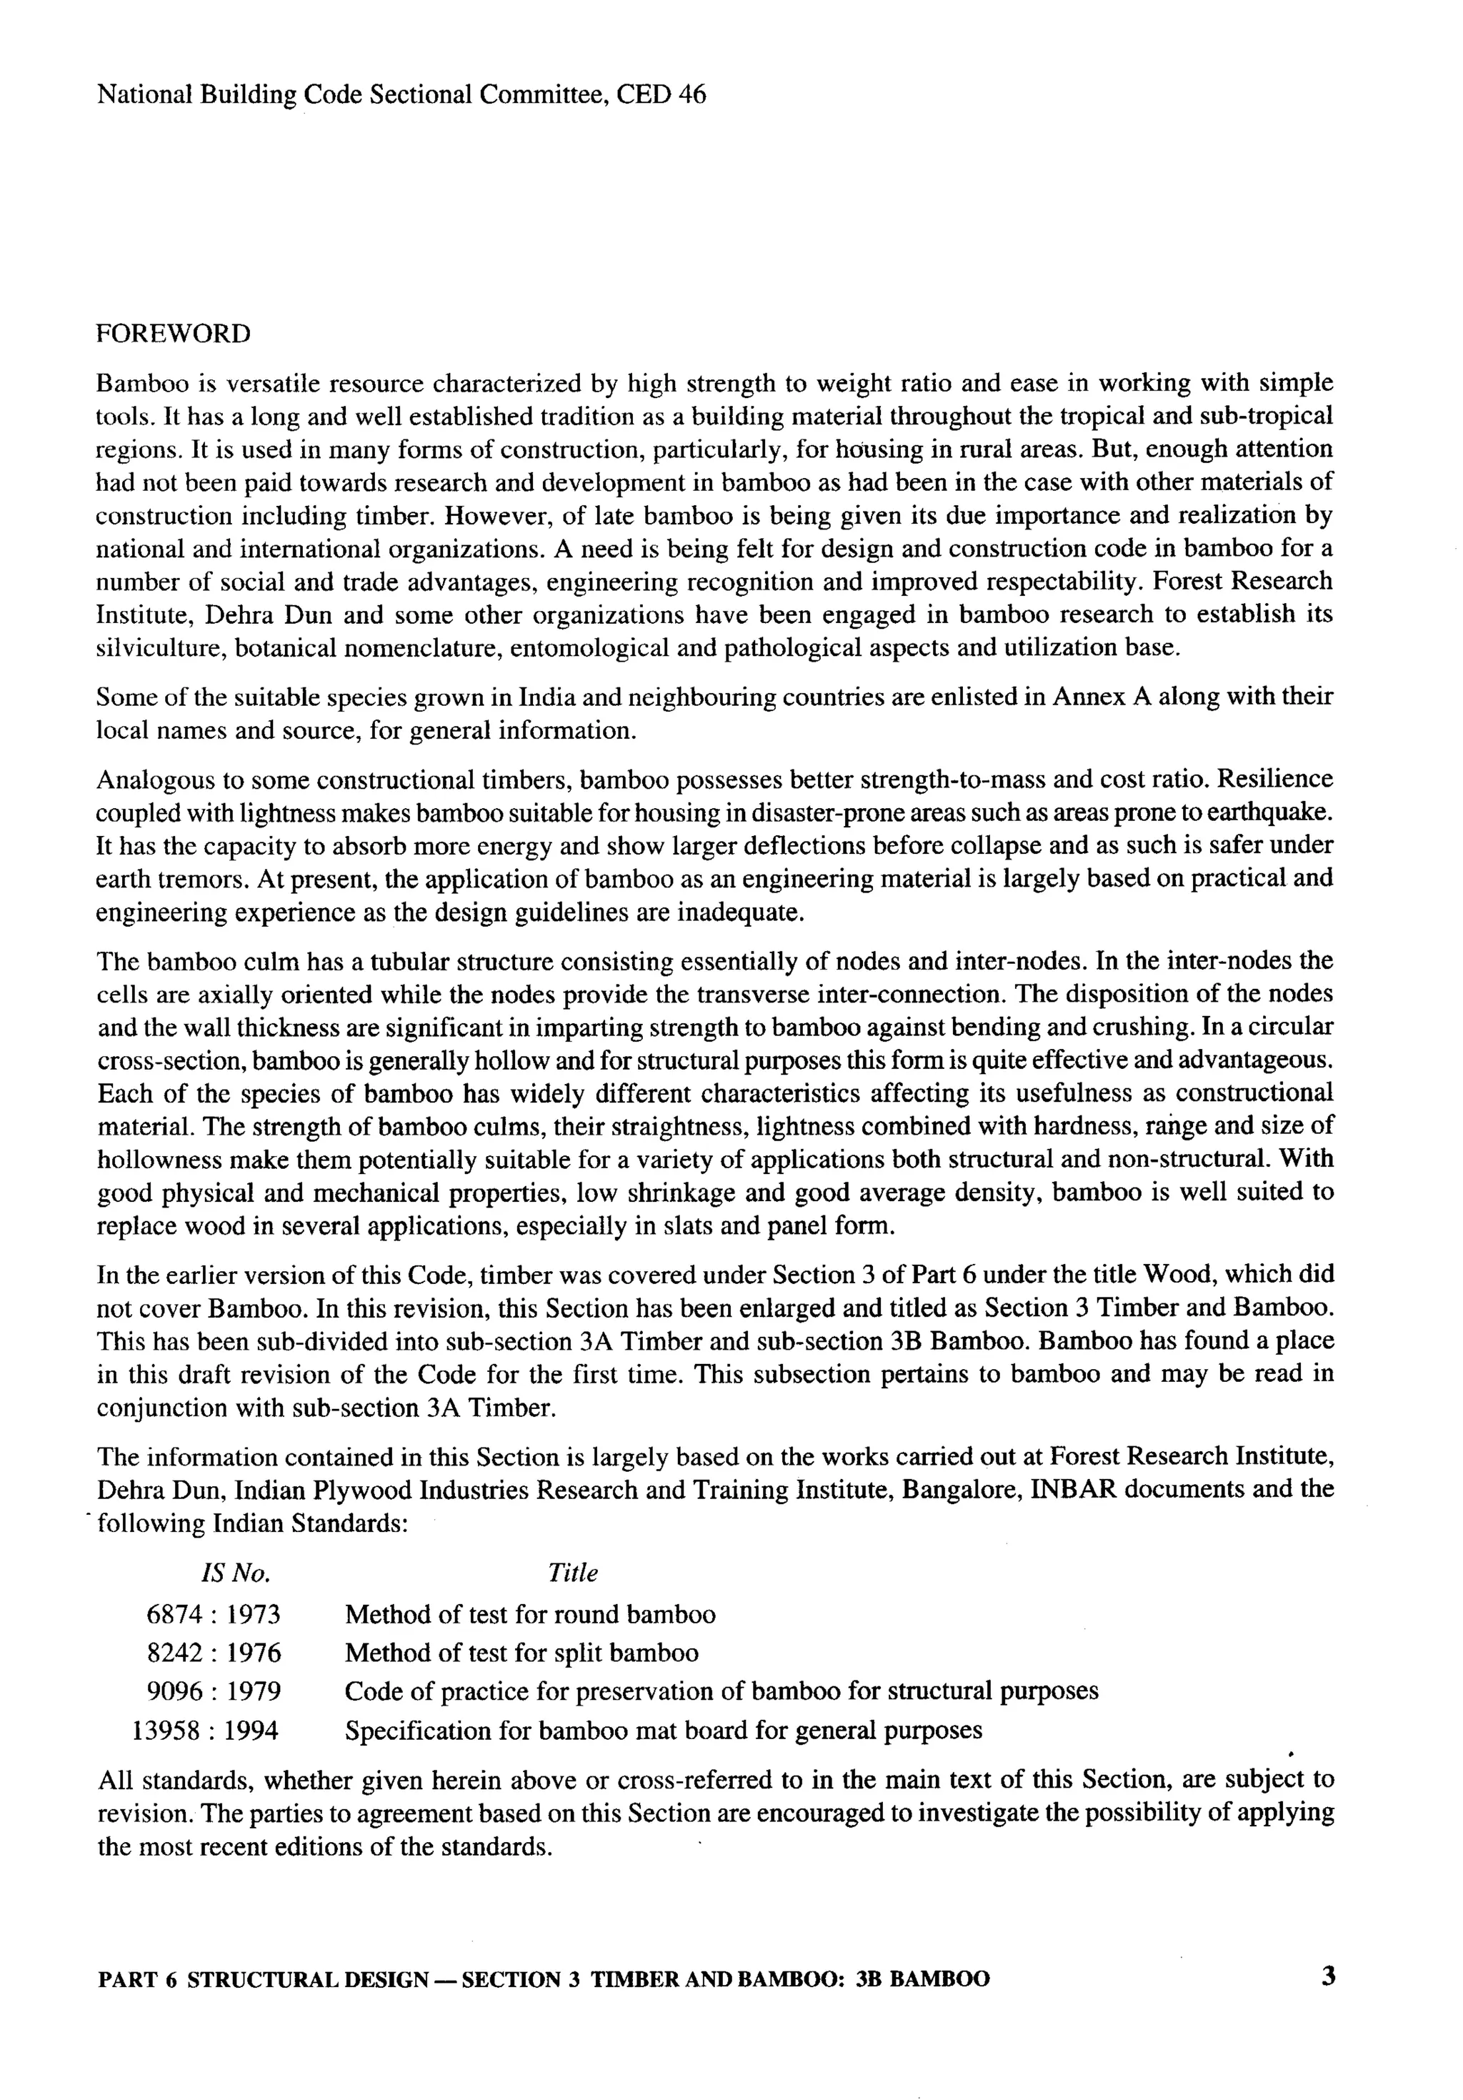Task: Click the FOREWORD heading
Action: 173,334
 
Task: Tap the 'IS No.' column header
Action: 235,1573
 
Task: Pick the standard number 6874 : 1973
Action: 213,1614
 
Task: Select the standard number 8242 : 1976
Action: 213,1653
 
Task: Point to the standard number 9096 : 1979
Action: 213,1691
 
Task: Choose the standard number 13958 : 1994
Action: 206,1731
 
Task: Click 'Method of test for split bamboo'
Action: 521,1653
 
